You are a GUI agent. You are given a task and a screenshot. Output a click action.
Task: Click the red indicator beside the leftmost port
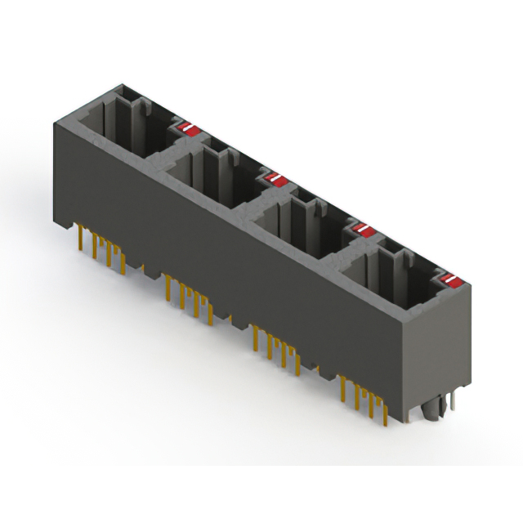pos(189,128)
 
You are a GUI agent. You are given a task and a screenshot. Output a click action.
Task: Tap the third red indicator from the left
pos(363,230)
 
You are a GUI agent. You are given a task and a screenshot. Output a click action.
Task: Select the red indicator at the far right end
pos(449,283)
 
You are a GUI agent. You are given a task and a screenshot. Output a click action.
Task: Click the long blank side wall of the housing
pos(229,261)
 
